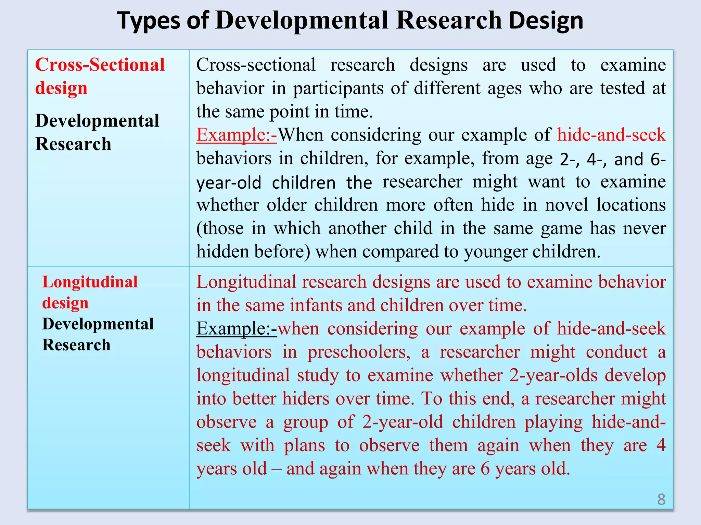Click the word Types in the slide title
point(148,21)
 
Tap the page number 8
point(661,499)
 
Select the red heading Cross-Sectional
point(100,65)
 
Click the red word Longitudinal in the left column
point(90,282)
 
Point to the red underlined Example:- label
point(237,135)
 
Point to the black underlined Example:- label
point(237,329)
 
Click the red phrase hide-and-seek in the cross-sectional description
point(611,135)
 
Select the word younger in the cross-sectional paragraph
point(495,252)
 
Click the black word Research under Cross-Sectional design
point(73,144)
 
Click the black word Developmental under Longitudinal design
point(98,324)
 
